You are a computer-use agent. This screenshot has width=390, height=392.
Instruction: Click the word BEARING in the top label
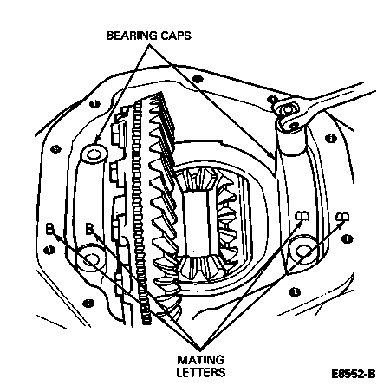click(132, 36)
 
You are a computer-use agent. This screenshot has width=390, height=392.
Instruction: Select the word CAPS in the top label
click(176, 36)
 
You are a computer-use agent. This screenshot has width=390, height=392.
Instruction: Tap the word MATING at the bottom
click(200, 360)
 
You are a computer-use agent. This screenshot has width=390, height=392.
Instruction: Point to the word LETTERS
click(201, 372)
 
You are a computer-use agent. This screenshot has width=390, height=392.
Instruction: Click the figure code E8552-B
click(354, 374)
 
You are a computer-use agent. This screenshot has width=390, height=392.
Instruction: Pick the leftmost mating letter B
click(49, 229)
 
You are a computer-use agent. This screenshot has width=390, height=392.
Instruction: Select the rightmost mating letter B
click(342, 217)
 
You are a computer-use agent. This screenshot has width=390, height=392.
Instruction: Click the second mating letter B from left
click(90, 229)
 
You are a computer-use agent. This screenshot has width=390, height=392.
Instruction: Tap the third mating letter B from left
click(302, 216)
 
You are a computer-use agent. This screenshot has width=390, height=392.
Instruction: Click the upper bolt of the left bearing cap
click(94, 154)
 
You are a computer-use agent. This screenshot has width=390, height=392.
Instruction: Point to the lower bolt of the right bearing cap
click(302, 250)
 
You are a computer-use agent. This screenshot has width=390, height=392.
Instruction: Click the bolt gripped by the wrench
click(287, 110)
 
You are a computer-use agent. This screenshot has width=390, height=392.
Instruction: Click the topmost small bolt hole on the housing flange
click(198, 79)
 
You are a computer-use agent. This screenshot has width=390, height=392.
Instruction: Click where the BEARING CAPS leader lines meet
click(150, 45)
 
